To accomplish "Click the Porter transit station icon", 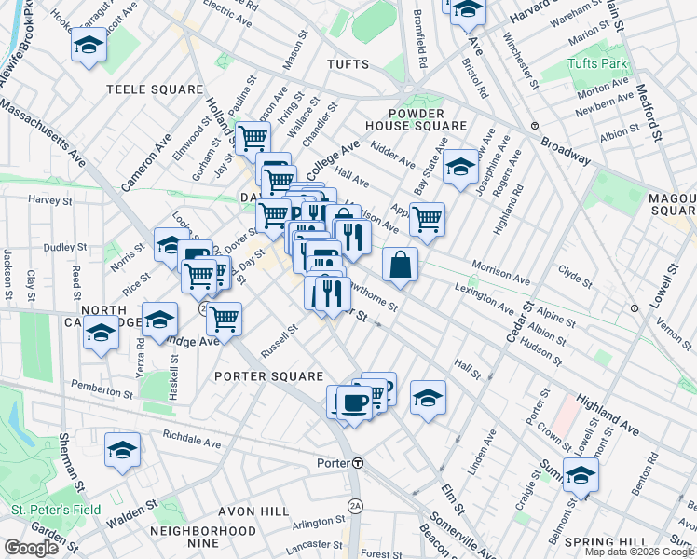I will point(357,463).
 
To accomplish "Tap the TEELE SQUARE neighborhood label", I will point(155,89).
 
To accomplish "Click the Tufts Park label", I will point(598,64).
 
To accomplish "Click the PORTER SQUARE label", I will point(268,376).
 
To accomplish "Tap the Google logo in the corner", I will point(31,548).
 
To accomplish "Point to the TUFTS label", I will point(348,64).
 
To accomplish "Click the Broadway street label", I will point(566,149).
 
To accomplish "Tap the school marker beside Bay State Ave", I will point(459,167).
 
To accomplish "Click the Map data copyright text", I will point(639,552).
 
